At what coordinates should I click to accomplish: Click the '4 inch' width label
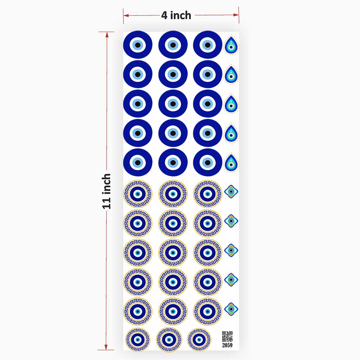click(176, 15)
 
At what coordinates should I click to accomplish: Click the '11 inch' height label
click(106, 191)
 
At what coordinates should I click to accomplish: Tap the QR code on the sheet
click(227, 336)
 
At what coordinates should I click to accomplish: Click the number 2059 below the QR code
click(227, 345)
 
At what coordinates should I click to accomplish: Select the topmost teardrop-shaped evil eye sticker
click(231, 45)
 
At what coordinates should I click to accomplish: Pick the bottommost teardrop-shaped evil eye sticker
click(231, 163)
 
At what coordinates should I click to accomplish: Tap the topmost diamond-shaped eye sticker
click(231, 192)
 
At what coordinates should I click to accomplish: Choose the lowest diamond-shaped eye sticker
click(231, 309)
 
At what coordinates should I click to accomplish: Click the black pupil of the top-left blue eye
click(138, 45)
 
